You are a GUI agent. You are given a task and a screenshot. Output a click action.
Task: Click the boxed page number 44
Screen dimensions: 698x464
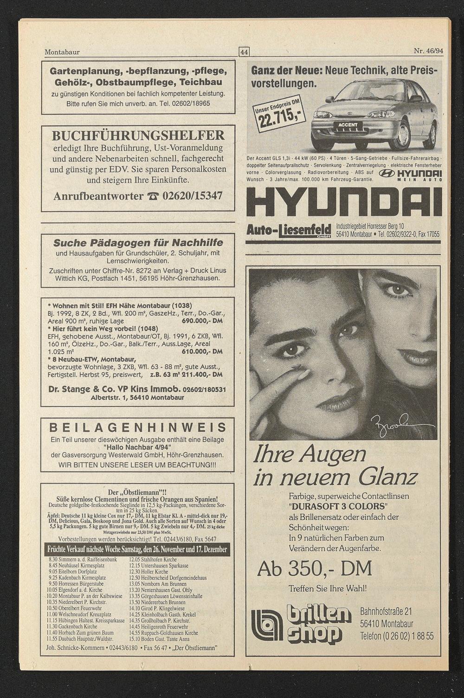click(x=244, y=52)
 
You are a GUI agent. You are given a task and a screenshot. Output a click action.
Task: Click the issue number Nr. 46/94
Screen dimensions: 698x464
click(x=428, y=51)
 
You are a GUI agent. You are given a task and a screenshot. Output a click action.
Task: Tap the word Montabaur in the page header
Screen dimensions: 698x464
click(x=62, y=52)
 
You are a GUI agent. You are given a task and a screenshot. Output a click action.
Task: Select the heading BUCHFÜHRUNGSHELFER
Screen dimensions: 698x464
click(x=138, y=136)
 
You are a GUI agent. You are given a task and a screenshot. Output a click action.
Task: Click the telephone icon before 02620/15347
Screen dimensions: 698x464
click(x=152, y=197)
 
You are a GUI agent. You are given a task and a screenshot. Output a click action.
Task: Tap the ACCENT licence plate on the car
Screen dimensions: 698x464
click(x=348, y=125)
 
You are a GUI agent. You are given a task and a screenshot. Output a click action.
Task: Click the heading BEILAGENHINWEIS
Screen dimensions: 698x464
click(x=138, y=427)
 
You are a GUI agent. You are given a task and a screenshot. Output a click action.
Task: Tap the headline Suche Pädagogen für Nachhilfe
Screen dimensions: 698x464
click(x=138, y=243)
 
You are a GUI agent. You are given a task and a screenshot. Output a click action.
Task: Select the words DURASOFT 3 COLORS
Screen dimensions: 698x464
click(x=338, y=506)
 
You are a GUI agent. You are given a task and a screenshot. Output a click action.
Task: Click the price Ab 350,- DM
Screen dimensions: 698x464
click(x=315, y=569)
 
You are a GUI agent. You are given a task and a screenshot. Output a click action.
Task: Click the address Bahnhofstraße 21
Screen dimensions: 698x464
click(x=386, y=612)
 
